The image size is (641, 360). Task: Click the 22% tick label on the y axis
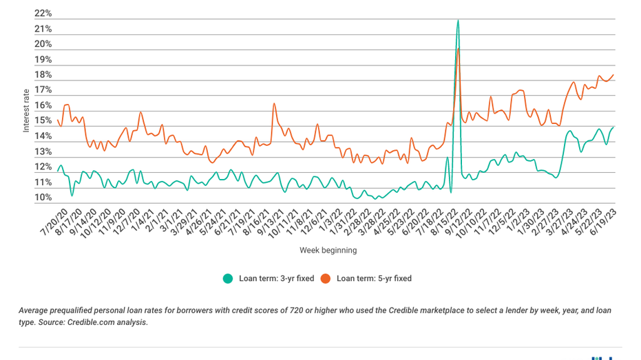pos(43,14)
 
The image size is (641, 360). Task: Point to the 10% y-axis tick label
pos(43,198)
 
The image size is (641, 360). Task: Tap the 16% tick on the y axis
pos(43,105)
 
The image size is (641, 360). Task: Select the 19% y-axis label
pos(43,60)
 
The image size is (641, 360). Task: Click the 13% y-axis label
pos(43,151)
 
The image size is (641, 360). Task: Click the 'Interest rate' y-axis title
pos(26,110)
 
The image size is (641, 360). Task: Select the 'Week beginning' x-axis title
pos(328,250)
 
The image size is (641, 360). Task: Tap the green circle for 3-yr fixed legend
pos(227,279)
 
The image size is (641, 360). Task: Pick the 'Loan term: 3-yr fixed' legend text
pos(276,279)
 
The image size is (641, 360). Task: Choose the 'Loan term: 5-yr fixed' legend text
pos(374,279)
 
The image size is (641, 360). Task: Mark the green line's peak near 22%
pos(458,21)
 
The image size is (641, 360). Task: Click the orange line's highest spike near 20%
pos(459,49)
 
